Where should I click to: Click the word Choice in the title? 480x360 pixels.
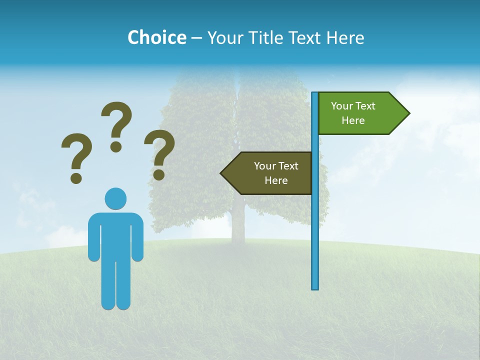point(156,37)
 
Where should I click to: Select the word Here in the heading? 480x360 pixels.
point(345,37)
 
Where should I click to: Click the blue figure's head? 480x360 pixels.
point(115,198)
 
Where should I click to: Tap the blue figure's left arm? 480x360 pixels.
point(94,237)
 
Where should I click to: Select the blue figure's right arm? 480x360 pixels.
point(137,237)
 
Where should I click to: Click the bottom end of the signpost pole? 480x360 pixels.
point(315,287)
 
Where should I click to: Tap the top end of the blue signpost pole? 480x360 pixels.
point(315,94)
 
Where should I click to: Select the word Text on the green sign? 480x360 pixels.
point(365,106)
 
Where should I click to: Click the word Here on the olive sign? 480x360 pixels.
point(276,180)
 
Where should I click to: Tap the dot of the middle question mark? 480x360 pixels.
point(116,146)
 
